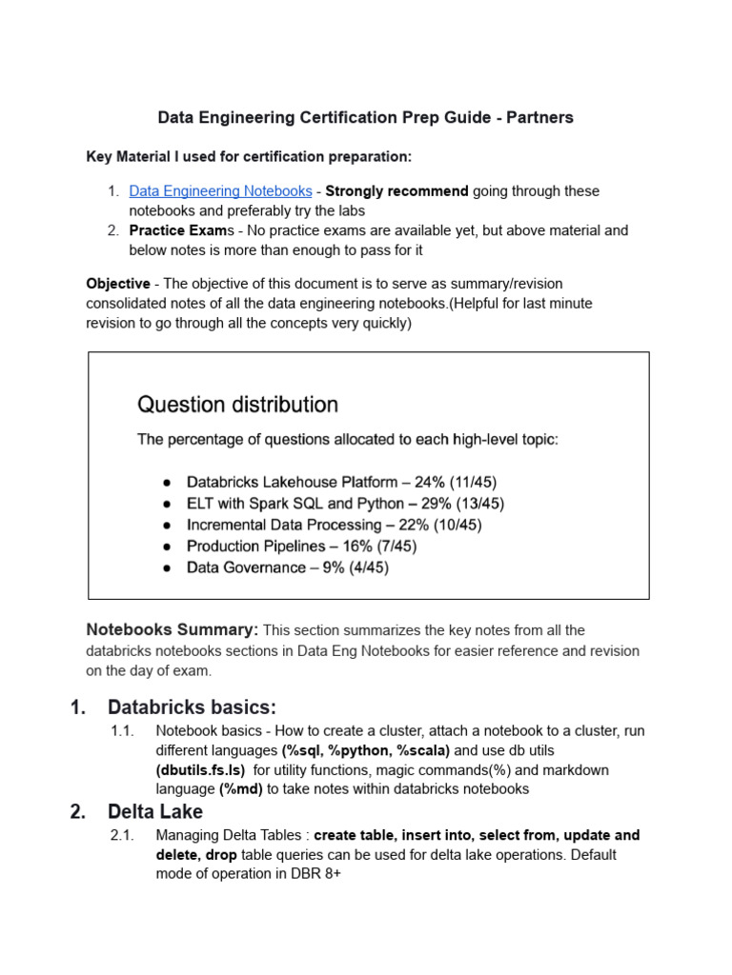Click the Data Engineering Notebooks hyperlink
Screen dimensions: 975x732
pos(220,191)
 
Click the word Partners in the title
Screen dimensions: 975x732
pos(539,118)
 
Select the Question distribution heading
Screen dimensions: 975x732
pos(237,405)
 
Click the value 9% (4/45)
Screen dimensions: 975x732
pos(355,567)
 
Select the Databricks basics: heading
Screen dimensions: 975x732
pos(192,707)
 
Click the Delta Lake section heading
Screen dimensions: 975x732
pos(155,812)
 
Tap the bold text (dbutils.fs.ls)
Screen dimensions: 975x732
pos(200,770)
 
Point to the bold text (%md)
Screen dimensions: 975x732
pos(238,789)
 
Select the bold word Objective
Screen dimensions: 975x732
pos(118,284)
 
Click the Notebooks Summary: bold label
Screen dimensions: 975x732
pos(173,629)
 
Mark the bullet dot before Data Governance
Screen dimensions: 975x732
pos(167,568)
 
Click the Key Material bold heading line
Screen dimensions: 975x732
pos(249,156)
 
